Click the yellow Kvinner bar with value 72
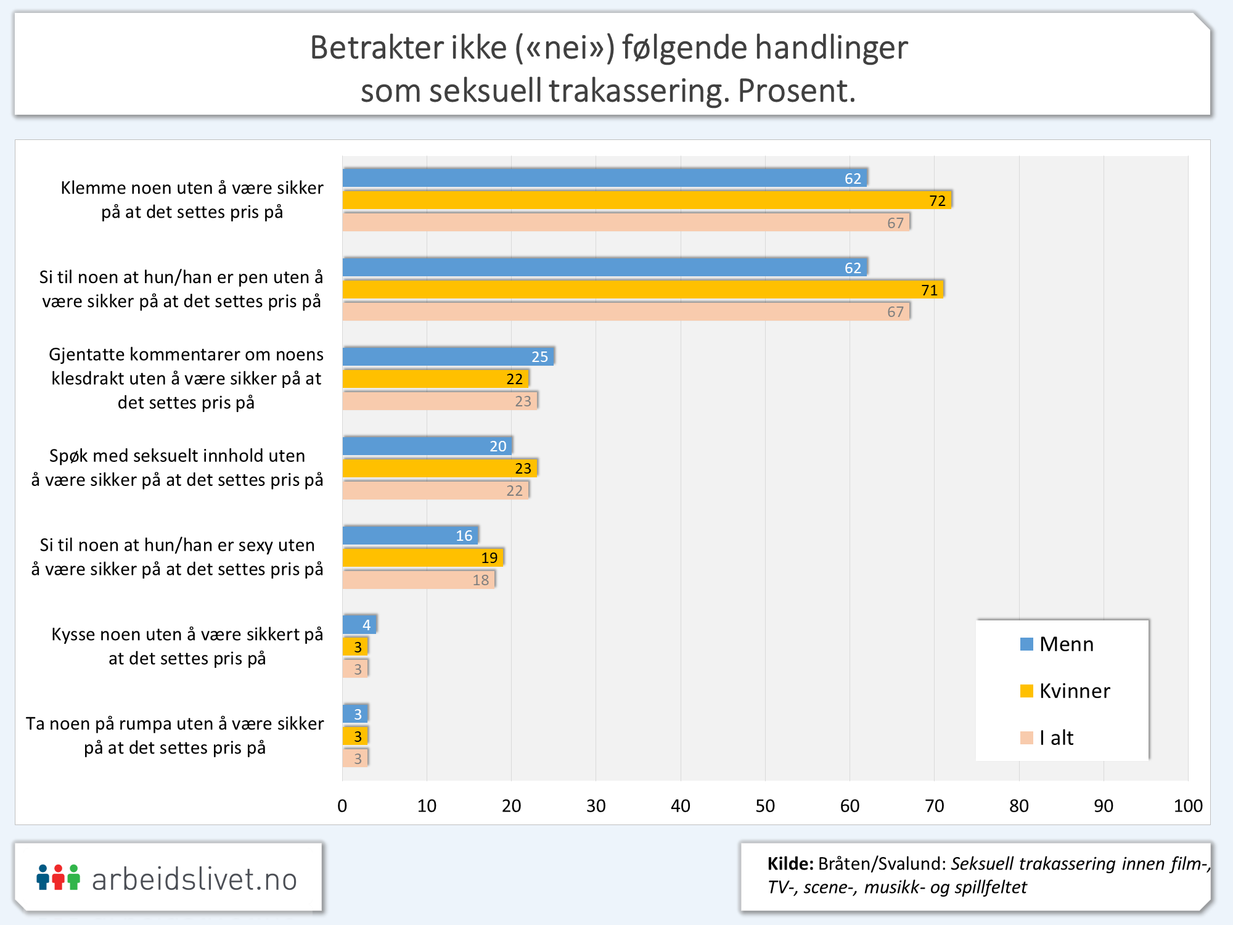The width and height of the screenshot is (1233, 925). coord(647,200)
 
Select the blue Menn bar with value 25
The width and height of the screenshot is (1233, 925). coord(448,356)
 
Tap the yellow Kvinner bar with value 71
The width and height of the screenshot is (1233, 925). coord(643,289)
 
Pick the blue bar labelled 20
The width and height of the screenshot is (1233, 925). coord(427,446)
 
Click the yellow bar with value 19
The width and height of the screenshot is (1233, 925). coord(423,557)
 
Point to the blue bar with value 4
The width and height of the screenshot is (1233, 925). coord(359,625)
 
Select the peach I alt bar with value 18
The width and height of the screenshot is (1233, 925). coord(419,580)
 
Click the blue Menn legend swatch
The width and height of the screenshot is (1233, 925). coord(1026,644)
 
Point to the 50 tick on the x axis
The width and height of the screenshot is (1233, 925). coord(765,806)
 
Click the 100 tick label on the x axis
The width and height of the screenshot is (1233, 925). coord(1188,806)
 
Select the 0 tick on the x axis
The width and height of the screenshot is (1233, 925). coord(342,806)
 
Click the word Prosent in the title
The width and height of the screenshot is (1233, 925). coord(796,91)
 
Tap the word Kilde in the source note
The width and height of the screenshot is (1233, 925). coord(790,864)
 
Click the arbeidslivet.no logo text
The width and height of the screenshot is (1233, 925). coord(194,879)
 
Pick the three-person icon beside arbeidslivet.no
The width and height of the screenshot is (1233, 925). coord(58,878)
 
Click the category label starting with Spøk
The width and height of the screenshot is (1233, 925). coord(178,467)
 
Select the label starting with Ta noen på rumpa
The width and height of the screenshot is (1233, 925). coord(175,735)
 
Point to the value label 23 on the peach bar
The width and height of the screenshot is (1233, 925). coord(523,401)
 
